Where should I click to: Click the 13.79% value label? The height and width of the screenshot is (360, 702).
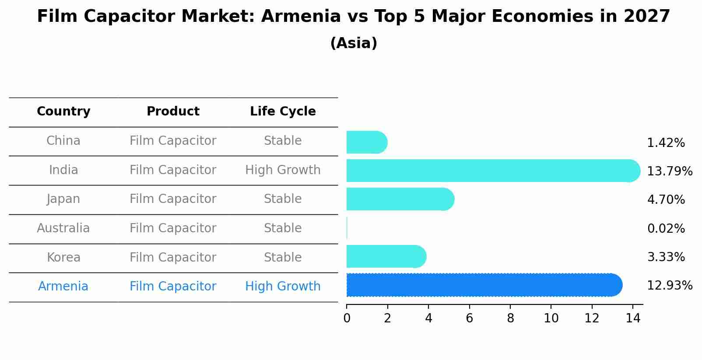669,171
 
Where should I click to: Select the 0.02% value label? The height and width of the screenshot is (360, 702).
666,228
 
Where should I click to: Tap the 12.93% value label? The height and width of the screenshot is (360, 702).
669,286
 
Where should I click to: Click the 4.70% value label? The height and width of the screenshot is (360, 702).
666,200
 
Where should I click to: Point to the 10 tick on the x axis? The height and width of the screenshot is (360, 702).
551,318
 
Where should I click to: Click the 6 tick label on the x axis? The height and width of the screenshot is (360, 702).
469,318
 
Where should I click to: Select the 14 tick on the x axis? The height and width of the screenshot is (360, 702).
633,318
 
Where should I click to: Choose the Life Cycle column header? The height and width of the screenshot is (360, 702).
283,112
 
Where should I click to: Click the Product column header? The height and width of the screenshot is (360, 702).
173,112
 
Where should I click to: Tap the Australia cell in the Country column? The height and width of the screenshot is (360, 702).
63,228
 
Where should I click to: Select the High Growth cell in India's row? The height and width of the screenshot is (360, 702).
283,170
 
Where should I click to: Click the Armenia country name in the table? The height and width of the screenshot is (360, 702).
63,287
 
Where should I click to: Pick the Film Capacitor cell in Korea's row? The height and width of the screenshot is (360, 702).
173,258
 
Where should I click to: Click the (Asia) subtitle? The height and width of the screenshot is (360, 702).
354,43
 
